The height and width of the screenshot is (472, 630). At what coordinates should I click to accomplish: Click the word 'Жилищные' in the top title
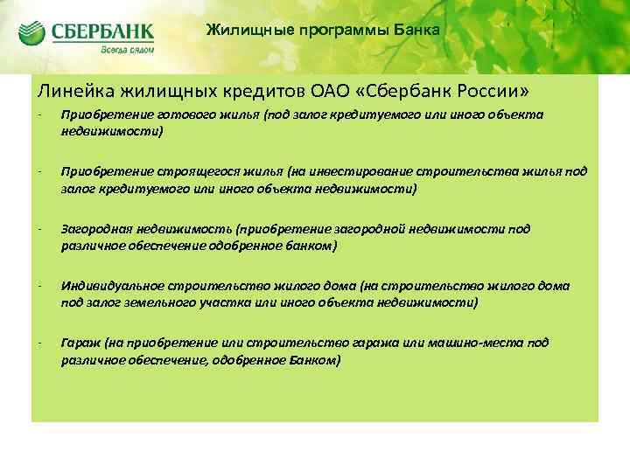click(242, 30)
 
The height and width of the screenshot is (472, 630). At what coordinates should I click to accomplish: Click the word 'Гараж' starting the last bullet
click(80, 344)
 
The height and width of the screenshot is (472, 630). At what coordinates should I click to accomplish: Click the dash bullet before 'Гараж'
click(39, 344)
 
